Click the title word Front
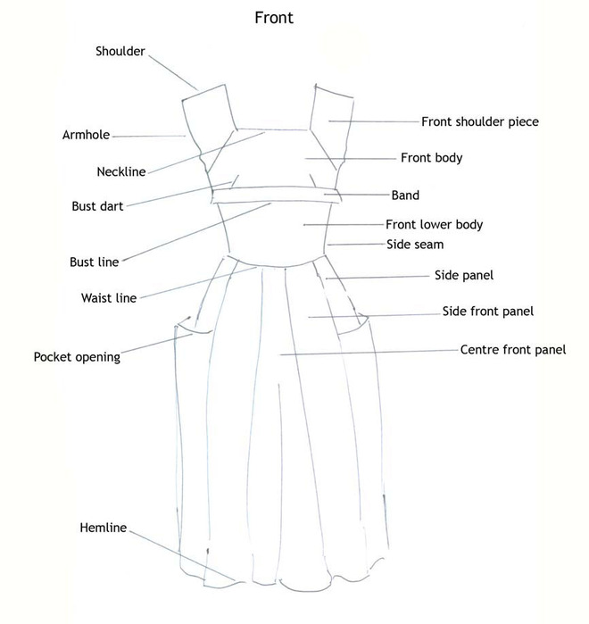pyautogui.click(x=273, y=18)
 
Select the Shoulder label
pyautogui.click(x=120, y=52)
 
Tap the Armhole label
pyautogui.click(x=86, y=136)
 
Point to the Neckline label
pyautogui.click(x=120, y=171)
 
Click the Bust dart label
pyautogui.click(x=97, y=206)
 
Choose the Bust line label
pyautogui.click(x=94, y=262)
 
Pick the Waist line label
pyautogui.click(x=109, y=298)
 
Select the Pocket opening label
pyautogui.click(x=77, y=357)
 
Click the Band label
pyautogui.click(x=405, y=195)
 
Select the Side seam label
pyautogui.click(x=415, y=244)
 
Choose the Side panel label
pyautogui.click(x=463, y=276)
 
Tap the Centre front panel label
pyautogui.click(x=512, y=350)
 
